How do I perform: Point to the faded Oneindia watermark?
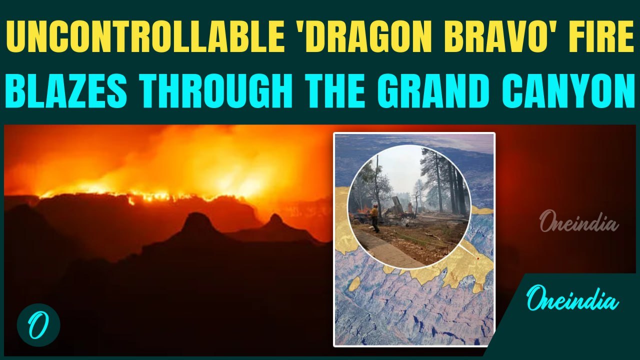click(578, 222)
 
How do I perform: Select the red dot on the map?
click(478, 258)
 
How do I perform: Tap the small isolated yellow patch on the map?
click(354, 284)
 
